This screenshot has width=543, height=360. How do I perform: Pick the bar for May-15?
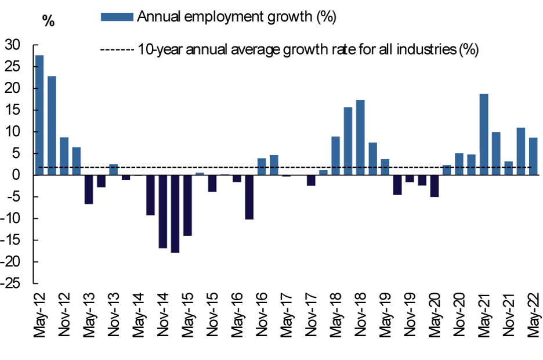[x=187, y=205]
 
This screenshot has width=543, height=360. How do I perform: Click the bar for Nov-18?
[x=360, y=138]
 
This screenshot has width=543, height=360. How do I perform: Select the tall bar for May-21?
[x=484, y=134]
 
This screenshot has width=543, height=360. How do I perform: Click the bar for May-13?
[x=89, y=189]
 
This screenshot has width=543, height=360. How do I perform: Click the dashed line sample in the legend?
[x=118, y=50]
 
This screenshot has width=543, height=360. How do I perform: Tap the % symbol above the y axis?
[x=48, y=21]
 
